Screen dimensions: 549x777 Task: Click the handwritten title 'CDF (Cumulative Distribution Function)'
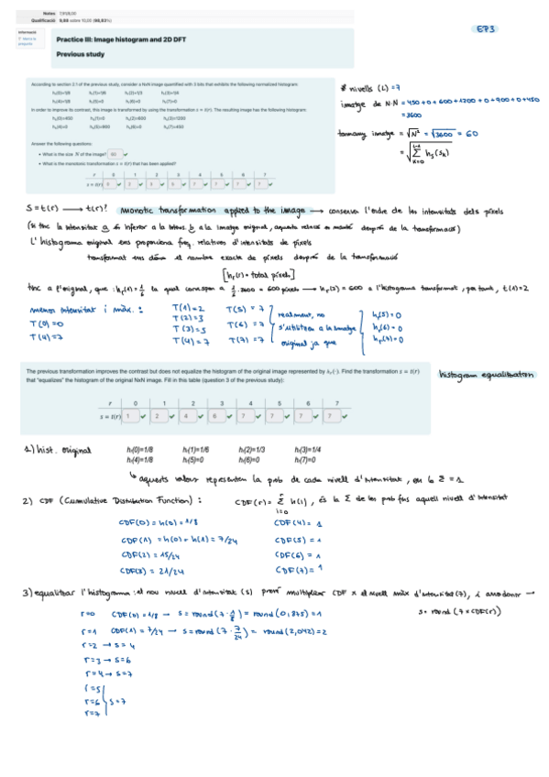pos(119,501)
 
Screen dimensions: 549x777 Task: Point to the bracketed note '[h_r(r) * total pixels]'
pos(258,273)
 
